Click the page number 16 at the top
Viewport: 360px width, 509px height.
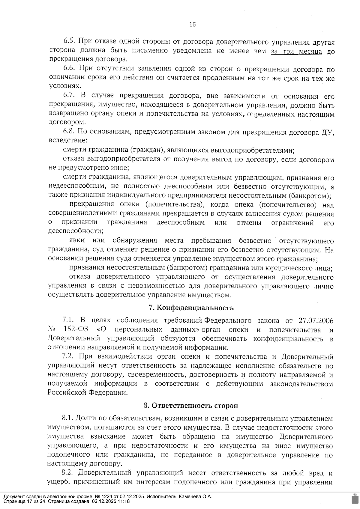click(192, 25)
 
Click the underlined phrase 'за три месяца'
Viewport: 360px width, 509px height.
click(296, 51)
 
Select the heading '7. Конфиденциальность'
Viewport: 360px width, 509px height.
click(191, 308)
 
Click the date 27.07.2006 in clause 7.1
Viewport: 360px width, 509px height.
click(316, 321)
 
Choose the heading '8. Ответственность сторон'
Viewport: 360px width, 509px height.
click(191, 406)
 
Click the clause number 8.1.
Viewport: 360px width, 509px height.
click(67, 418)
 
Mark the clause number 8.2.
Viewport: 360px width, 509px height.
click(67, 473)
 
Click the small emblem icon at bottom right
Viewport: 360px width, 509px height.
click(353, 499)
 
